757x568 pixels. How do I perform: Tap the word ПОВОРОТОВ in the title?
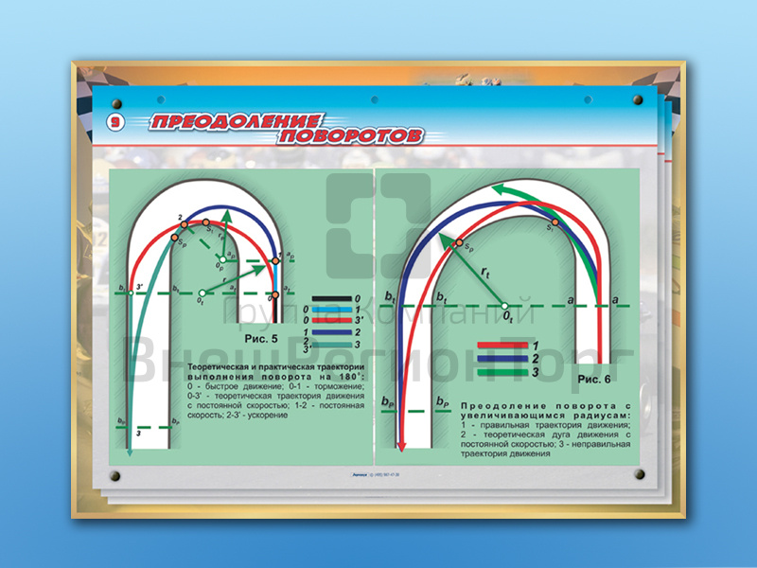click(x=349, y=136)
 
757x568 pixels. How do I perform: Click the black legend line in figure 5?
click(x=331, y=298)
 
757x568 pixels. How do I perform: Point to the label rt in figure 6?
click(x=484, y=274)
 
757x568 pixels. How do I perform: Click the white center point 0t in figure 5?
click(x=202, y=293)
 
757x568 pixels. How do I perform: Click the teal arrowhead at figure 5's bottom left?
click(x=128, y=453)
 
